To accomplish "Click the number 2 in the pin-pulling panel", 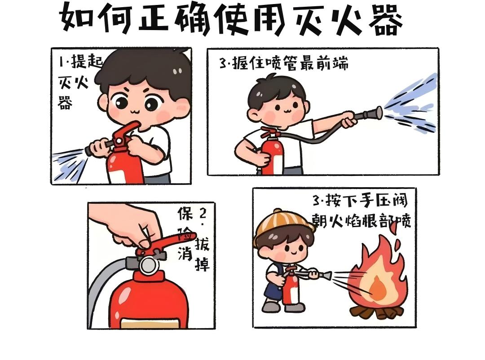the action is tap(203, 213).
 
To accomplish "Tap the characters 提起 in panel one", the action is tap(87, 61).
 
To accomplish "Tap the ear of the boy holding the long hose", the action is tap(253, 116).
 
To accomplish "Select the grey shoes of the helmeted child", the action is tap(283, 307).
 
